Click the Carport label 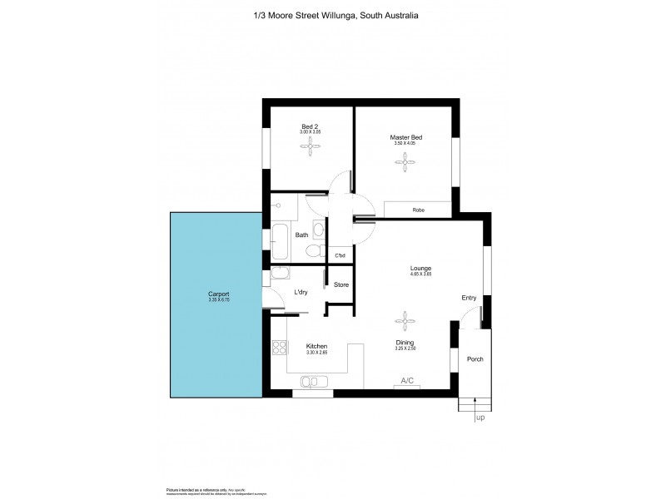point(219,294)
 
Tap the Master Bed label point(404,137)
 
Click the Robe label point(418,210)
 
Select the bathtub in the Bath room point(279,242)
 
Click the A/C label point(407,380)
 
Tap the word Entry point(470,298)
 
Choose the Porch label point(475,358)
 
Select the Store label point(340,285)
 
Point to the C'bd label point(340,255)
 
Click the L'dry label point(303,292)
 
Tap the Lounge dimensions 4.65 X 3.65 point(420,274)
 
